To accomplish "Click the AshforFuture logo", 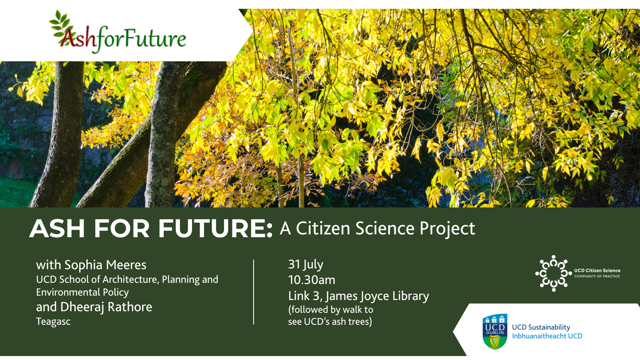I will [118, 34].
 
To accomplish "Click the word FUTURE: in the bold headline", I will [216, 229].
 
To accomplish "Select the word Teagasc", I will [53, 322].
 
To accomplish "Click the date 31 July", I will [306, 264].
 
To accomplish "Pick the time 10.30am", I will [312, 280].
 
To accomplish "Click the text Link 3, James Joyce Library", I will [358, 296].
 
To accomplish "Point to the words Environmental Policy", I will [82, 292].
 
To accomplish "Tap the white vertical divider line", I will [254, 292].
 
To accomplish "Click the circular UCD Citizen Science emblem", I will [553, 274].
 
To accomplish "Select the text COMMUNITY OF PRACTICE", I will [597, 276].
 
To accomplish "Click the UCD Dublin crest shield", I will [495, 331].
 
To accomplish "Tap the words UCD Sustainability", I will [541, 327].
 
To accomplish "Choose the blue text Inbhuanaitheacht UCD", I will [547, 336].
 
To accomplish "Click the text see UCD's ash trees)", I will [330, 322].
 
